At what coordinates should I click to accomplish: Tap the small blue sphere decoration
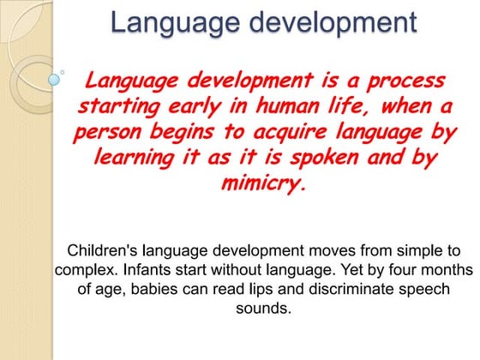pyautogui.click(x=56, y=79)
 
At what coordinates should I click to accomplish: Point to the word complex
pyautogui.click(x=81, y=270)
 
